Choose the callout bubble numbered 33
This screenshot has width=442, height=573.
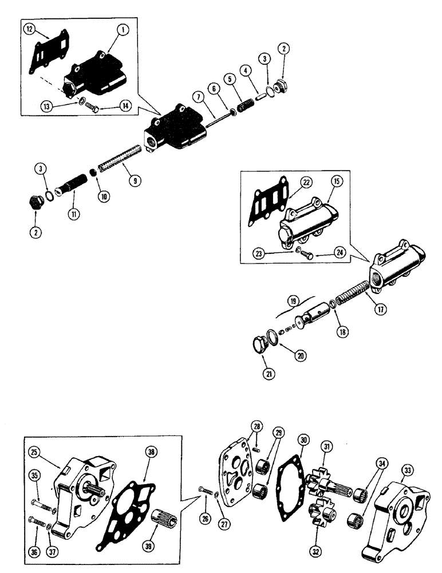click(x=408, y=470)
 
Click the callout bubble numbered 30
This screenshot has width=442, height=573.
click(x=303, y=440)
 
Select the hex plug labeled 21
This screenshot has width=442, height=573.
click(x=261, y=347)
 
